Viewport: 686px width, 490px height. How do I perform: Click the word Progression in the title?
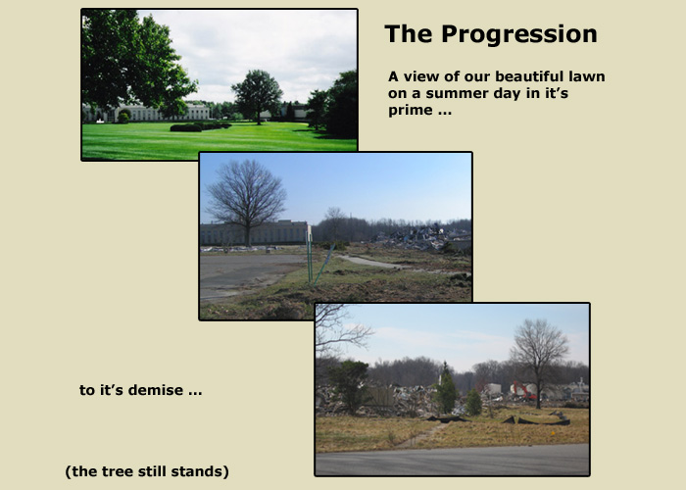(518, 34)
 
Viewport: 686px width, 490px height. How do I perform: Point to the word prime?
(411, 111)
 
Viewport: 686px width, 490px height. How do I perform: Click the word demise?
(155, 390)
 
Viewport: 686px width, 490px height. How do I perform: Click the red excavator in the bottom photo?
(524, 390)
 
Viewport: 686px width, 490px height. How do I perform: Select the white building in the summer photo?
(147, 113)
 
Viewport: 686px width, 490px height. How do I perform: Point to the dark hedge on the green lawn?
(200, 126)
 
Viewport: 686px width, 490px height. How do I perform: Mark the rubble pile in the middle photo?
(423, 237)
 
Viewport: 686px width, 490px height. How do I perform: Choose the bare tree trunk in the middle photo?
(248, 231)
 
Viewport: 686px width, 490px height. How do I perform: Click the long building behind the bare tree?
(254, 233)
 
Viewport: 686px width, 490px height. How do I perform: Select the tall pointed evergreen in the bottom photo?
(446, 388)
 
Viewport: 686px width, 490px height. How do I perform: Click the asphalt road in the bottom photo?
(453, 460)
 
